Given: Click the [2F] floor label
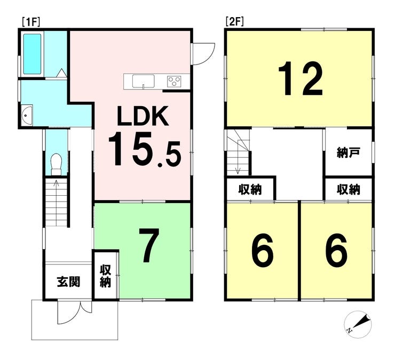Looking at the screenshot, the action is (x=235, y=22).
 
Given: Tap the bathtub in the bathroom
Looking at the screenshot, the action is (x=32, y=54).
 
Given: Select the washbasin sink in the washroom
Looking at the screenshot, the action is (x=27, y=115).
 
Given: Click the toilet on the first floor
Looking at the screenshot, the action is (x=57, y=164).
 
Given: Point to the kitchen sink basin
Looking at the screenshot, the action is (x=144, y=81).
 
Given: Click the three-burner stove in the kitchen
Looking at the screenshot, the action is (x=174, y=82).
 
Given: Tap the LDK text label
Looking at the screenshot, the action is (x=143, y=116).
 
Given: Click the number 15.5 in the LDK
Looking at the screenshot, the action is (x=145, y=150).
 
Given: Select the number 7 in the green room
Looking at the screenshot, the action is (x=149, y=245).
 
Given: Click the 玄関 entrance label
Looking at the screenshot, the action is (x=68, y=282).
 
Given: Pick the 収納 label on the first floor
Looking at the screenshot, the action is (x=105, y=276).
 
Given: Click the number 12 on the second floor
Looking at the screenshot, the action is (x=301, y=78).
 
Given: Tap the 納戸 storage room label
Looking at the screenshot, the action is (x=349, y=153).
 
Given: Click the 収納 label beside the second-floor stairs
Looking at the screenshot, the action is (x=250, y=189).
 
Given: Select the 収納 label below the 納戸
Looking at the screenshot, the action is (x=349, y=189).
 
